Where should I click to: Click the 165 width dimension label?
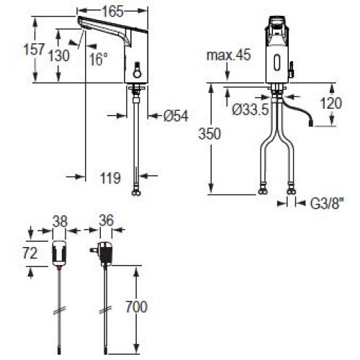[x=112, y=12]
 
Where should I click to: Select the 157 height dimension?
[x=34, y=50]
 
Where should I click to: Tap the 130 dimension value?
[x=59, y=55]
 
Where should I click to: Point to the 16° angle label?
[x=99, y=59]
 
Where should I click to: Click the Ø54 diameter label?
[x=176, y=116]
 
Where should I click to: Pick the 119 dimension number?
[x=110, y=178]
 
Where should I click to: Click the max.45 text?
[x=228, y=55]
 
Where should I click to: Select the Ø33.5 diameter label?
[x=251, y=110]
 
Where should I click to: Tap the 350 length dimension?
[x=210, y=134]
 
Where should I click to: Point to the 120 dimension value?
[x=331, y=103]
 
